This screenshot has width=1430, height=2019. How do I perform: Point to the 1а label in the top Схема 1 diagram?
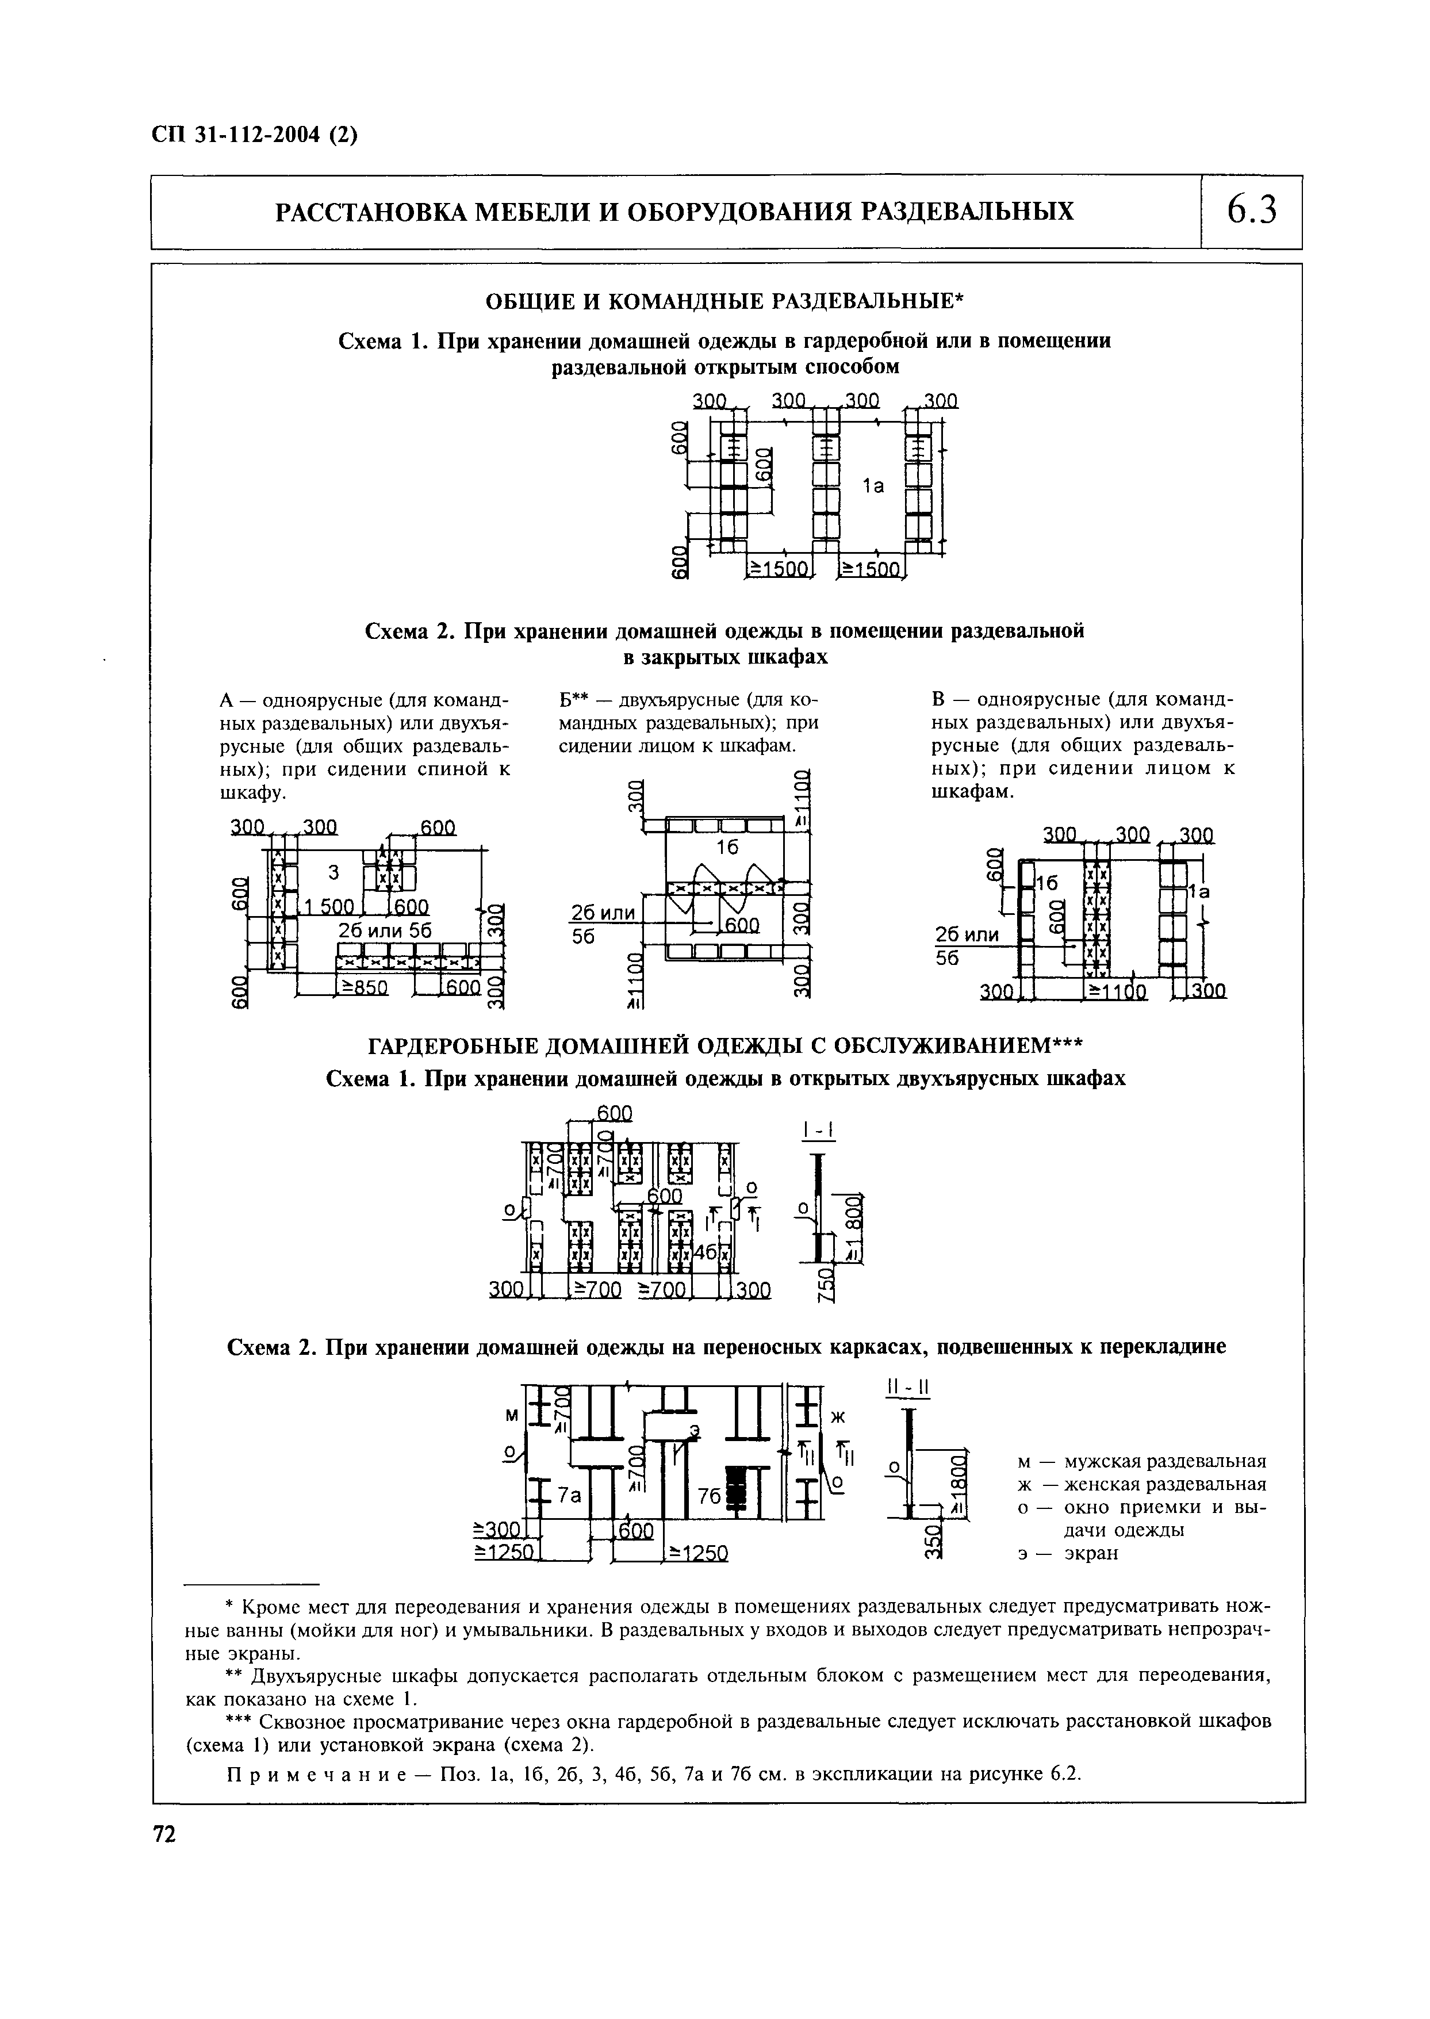[x=873, y=485]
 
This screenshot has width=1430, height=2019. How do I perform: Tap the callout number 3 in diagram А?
[x=333, y=872]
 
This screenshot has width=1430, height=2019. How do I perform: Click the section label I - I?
[x=819, y=1131]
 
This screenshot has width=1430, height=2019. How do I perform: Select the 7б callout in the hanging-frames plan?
[x=709, y=1497]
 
